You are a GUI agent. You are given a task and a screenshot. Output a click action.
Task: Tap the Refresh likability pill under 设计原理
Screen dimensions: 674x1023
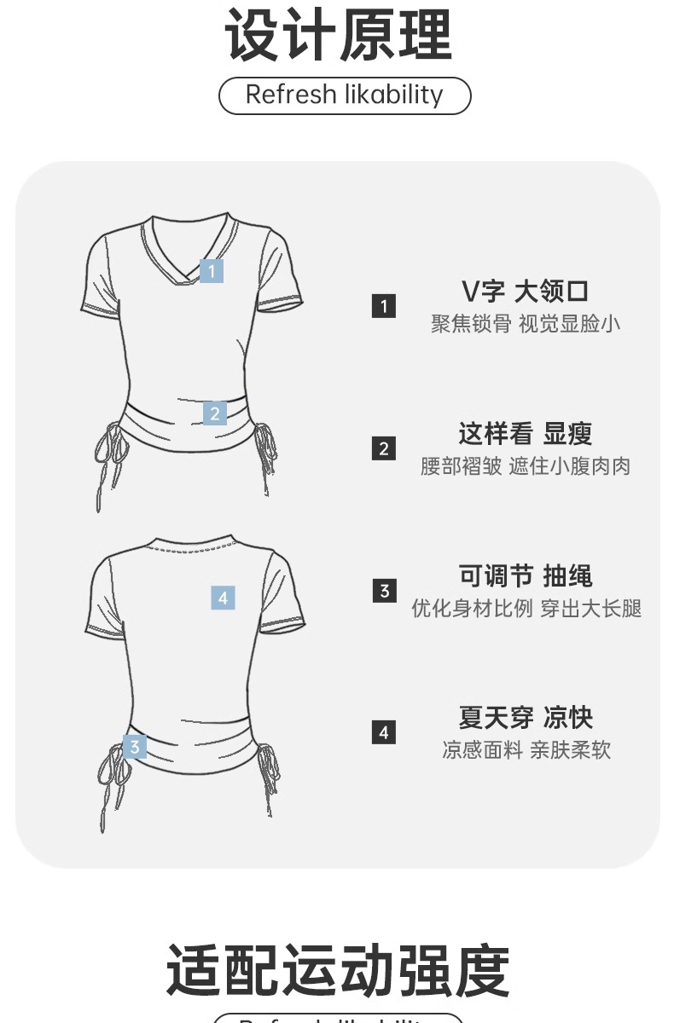[x=345, y=95]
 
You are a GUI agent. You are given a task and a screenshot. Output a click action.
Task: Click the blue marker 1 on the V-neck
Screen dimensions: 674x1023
[x=212, y=270]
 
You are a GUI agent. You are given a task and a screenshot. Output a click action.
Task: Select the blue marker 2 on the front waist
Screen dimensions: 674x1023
[x=215, y=413]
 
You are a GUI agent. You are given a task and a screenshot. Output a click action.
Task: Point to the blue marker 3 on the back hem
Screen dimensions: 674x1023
[x=135, y=747]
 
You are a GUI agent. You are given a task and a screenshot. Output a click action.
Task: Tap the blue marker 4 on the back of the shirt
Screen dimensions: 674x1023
[x=223, y=598]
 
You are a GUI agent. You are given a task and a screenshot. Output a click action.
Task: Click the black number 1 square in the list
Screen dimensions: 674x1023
[x=384, y=306]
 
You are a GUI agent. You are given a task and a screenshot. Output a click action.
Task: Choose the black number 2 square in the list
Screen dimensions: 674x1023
[x=384, y=448]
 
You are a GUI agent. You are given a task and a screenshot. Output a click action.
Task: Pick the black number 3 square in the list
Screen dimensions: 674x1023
[x=384, y=590]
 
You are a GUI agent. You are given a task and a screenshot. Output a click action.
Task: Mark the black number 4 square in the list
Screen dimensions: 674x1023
[x=384, y=732]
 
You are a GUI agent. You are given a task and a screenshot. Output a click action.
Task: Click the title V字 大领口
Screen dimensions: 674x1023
[x=525, y=292]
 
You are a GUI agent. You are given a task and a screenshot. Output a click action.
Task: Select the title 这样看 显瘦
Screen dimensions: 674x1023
[x=525, y=433]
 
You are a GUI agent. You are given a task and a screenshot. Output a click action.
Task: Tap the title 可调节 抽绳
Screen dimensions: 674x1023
[x=525, y=575]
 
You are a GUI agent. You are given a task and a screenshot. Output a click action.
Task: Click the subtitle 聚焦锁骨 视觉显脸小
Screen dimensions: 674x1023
[x=525, y=324]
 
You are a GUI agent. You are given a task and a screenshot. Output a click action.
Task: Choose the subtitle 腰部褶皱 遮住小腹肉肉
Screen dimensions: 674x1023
[x=525, y=466]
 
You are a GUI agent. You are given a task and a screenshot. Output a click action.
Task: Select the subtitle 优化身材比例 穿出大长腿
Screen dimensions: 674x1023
[x=526, y=609]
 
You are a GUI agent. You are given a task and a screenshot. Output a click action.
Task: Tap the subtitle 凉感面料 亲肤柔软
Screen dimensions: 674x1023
[x=526, y=750]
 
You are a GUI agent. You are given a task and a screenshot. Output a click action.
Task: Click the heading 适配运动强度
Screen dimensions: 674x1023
[x=338, y=971]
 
